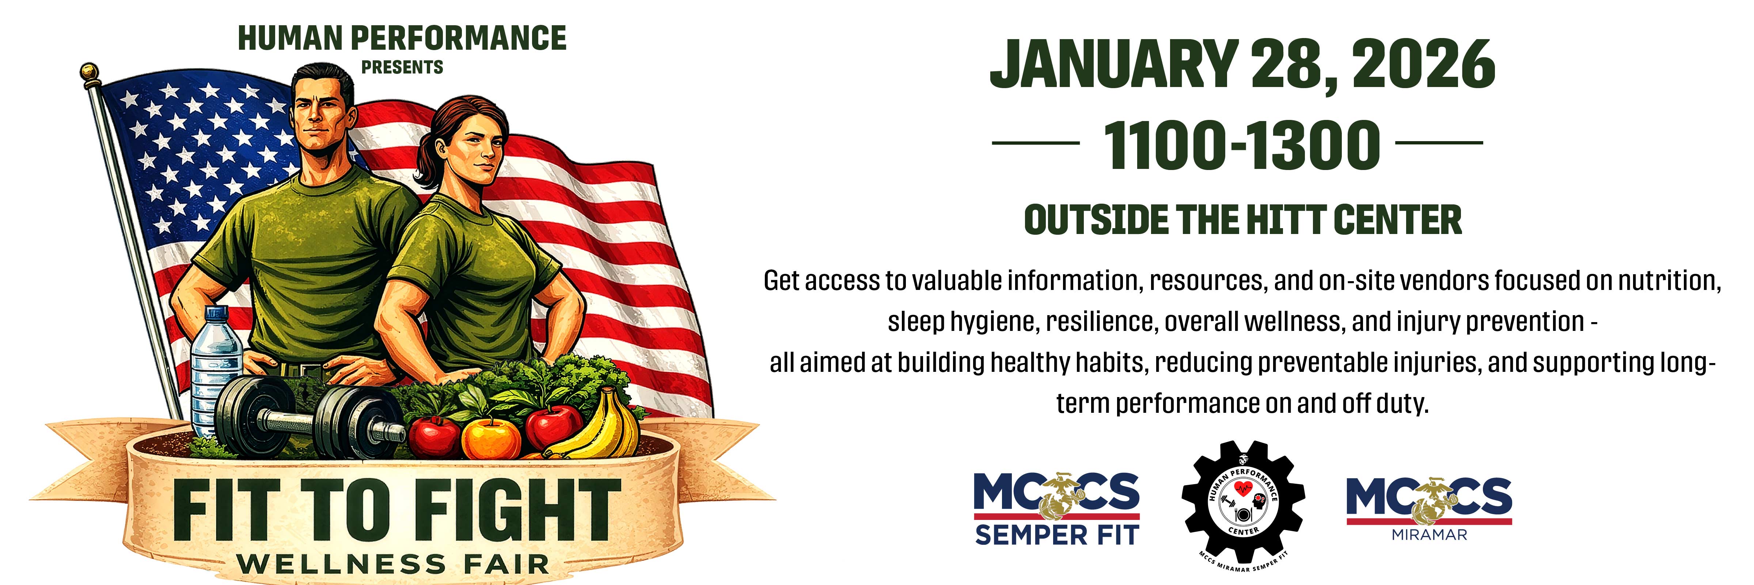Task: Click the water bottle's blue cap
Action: coord(217,313)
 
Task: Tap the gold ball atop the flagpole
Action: coord(89,72)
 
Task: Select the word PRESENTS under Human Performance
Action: coord(402,67)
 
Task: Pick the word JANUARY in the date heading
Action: coord(1113,65)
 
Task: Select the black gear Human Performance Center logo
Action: coord(1243,507)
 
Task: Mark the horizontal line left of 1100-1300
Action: coord(1035,143)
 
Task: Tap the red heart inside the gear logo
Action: coord(1243,487)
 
